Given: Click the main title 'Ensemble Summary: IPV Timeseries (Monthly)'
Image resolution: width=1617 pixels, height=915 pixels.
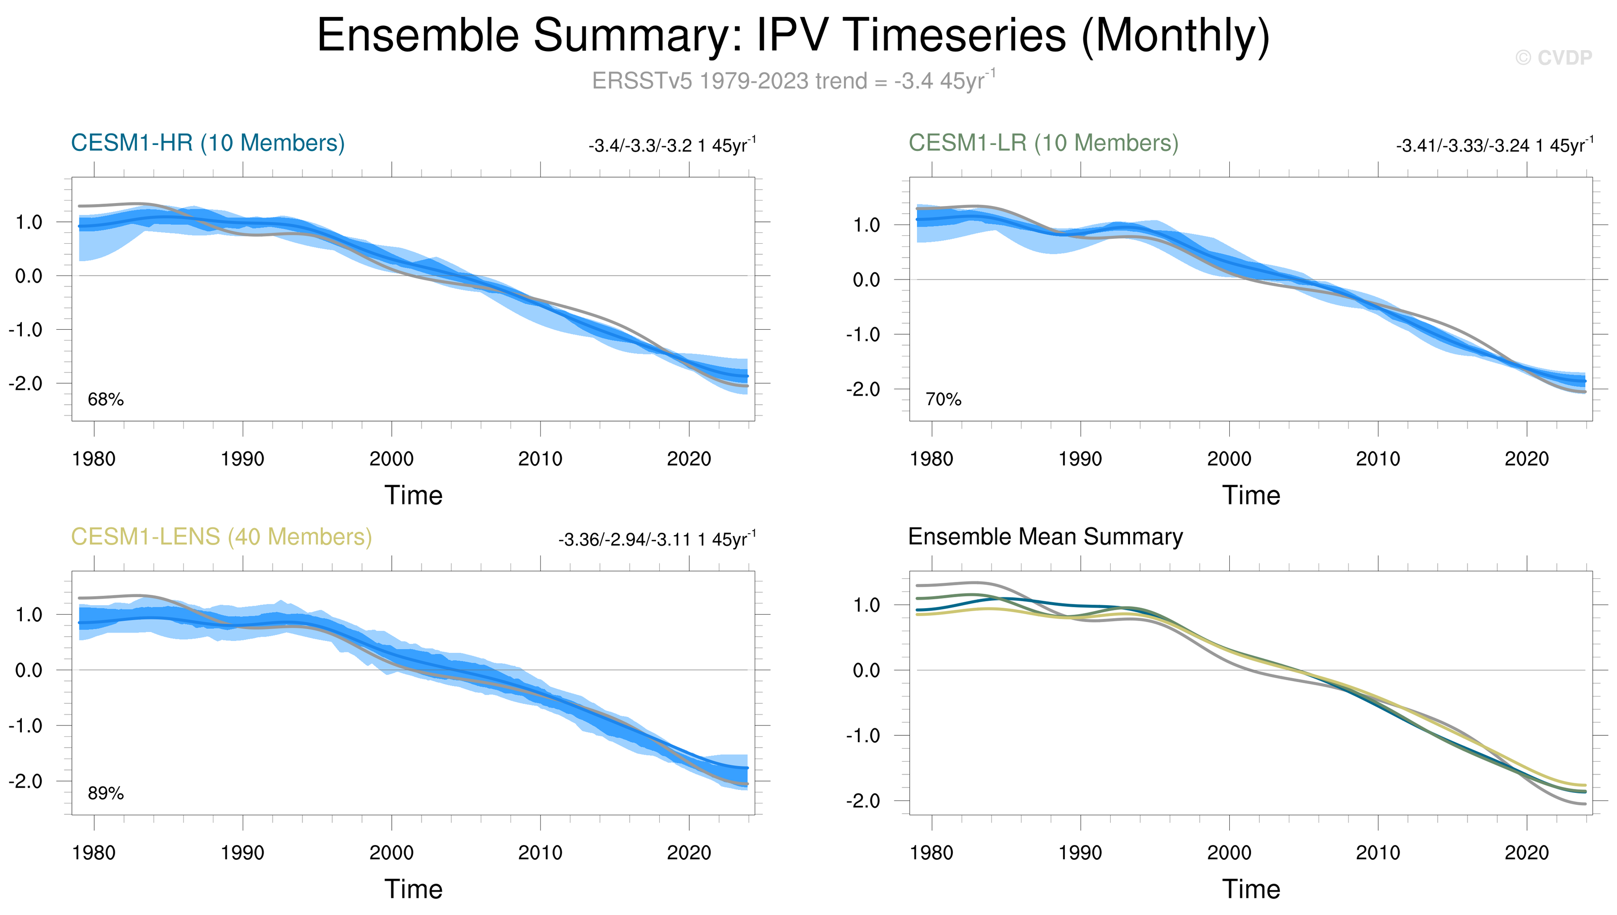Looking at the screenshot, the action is pos(793,36).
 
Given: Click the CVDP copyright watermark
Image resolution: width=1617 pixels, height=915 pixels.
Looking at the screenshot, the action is pos(1553,58).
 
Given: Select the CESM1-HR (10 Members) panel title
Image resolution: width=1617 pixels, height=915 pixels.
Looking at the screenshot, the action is pos(208,143).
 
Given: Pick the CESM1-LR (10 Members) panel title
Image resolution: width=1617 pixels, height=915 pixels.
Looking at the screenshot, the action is pos(1043,143).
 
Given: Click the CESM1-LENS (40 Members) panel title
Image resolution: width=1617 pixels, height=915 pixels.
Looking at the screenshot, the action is pos(221,537).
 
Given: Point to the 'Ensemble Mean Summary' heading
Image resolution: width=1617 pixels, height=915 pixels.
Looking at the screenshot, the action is pos(1046,537).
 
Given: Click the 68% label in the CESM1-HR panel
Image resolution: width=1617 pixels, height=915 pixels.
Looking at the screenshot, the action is pos(106,400).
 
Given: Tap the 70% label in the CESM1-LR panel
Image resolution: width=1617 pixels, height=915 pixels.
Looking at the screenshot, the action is pos(943,400).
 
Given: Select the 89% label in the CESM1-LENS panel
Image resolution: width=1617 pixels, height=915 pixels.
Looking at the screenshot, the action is pos(106,794).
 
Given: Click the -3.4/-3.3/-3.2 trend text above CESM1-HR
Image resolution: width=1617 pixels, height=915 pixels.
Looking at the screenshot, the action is pos(672,145).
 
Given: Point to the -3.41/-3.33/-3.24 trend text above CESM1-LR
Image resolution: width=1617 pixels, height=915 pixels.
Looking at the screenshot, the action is pos(1494,145).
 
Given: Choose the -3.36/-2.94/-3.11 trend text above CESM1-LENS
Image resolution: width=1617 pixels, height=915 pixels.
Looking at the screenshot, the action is pos(657,539).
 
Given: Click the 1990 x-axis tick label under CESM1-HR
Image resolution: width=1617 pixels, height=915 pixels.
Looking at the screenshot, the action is pos(243,459).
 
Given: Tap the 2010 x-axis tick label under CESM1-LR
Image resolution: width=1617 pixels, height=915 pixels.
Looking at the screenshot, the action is pos(1378,459).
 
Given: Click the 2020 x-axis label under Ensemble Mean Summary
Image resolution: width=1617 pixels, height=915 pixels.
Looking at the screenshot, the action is pos(1527,853).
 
